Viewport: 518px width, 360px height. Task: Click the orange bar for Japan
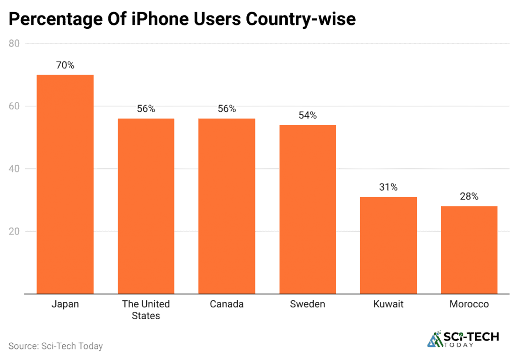tap(65, 184)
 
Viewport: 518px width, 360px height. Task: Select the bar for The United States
tap(146, 206)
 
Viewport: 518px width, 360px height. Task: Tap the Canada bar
tap(227, 206)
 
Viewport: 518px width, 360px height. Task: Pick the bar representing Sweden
tap(308, 209)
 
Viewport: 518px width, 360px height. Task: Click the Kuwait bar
tap(388, 245)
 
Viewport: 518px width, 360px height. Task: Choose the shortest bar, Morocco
tap(469, 250)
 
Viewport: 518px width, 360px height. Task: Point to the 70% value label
tap(65, 65)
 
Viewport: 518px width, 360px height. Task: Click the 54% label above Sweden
tap(308, 115)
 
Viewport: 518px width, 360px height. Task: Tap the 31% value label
tap(388, 187)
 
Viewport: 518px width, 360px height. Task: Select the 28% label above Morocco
tap(469, 197)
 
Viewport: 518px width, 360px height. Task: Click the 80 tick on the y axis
tap(14, 43)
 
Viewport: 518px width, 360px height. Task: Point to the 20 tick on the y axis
tap(14, 232)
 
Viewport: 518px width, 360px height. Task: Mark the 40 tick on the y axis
tap(14, 169)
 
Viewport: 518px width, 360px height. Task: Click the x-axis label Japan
tap(65, 304)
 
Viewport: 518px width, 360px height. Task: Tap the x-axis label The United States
tap(146, 310)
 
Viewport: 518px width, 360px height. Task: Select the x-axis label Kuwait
tap(388, 304)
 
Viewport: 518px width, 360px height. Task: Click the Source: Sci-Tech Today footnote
tap(56, 346)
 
